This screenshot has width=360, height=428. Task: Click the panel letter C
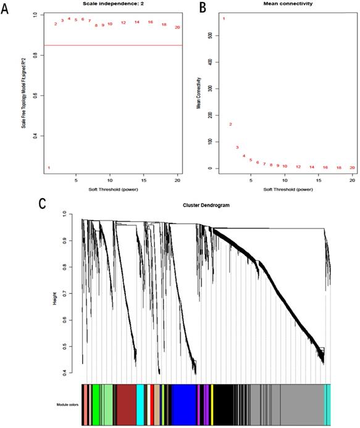pos(9,202)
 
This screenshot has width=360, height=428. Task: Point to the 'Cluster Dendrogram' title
pos(206,204)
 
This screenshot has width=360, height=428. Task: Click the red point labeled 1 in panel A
pos(49,168)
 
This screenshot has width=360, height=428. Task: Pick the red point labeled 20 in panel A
pos(177,27)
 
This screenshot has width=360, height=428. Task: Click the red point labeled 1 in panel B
pos(224,19)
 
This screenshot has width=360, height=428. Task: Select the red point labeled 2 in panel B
pos(230,124)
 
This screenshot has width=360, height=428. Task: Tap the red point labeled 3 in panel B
pos(237,147)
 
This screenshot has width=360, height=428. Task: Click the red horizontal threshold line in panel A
pos(111,45)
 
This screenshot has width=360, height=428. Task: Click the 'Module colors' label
pos(64,405)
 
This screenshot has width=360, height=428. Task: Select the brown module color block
pos(126,404)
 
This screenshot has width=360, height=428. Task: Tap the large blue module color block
pos(183,404)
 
